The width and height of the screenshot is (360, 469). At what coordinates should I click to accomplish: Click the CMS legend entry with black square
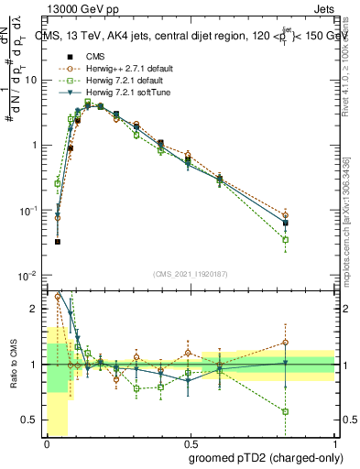point(94,56)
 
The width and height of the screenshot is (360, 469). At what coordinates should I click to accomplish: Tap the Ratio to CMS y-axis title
point(12,365)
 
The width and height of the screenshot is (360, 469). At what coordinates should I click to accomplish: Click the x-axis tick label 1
point(335,442)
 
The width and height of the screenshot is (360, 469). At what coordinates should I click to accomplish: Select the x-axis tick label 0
point(47,442)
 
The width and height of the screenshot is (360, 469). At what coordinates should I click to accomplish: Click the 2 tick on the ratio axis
point(37,309)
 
